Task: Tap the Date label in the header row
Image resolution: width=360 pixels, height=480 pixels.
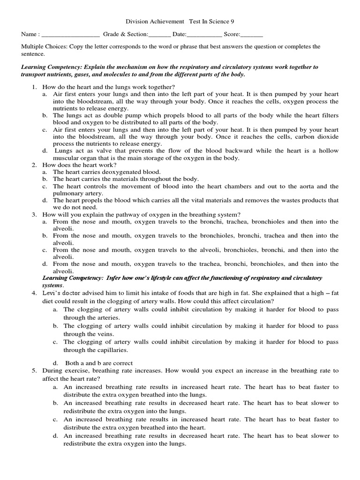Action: pyautogui.click(x=179, y=34)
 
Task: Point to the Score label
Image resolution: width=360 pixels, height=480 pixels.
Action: pyautogui.click(x=232, y=34)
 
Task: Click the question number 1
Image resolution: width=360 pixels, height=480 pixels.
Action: pyautogui.click(x=34, y=87)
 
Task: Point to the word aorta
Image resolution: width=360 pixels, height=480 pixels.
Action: pyautogui.click(x=306, y=186)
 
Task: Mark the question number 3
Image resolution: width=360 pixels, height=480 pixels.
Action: pyautogui.click(x=34, y=214)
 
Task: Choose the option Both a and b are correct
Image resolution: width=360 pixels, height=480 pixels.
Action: pyautogui.click(x=99, y=363)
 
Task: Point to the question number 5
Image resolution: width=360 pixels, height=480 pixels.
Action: pyautogui.click(x=34, y=370)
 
